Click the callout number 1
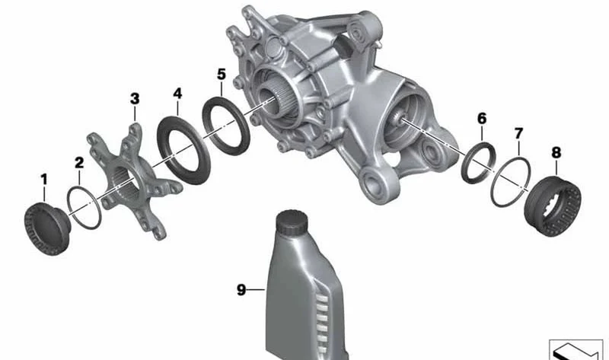(x=44, y=180)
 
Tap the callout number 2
(x=79, y=163)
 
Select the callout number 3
(x=135, y=99)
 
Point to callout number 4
(x=177, y=93)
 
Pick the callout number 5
(x=221, y=74)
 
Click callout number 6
(x=482, y=119)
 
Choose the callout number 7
(x=518, y=134)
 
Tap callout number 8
(x=556, y=153)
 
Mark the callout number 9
(x=241, y=290)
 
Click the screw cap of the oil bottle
(x=292, y=222)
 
